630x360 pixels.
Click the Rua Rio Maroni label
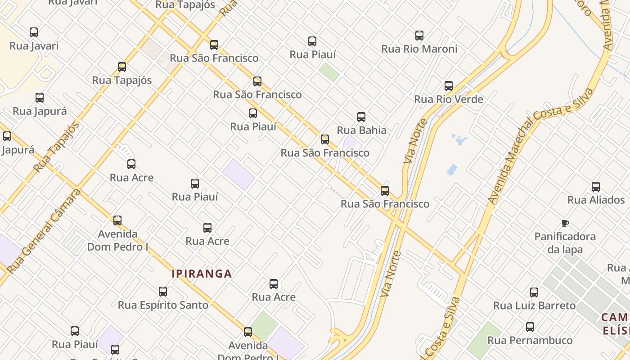419,49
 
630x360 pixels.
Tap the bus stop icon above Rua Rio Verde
449,86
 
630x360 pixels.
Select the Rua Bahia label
361,130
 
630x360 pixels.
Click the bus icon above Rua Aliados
596,187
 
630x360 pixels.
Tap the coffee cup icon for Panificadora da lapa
565,223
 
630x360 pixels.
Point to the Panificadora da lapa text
565,243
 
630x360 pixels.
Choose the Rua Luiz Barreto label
534,306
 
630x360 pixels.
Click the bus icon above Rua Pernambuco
530,327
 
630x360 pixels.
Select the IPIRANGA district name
202,274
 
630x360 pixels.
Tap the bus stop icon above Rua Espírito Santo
163,292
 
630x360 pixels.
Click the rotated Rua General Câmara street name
44,230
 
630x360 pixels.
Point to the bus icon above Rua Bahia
361,117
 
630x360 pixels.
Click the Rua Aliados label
596,200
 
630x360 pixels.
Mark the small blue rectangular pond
452,170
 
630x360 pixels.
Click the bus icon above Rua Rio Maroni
419,36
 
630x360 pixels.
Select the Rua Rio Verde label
448,99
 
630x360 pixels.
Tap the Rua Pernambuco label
530,340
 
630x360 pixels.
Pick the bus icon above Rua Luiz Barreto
534,292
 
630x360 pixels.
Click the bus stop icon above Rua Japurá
40,98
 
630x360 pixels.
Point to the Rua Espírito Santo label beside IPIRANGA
163,305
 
